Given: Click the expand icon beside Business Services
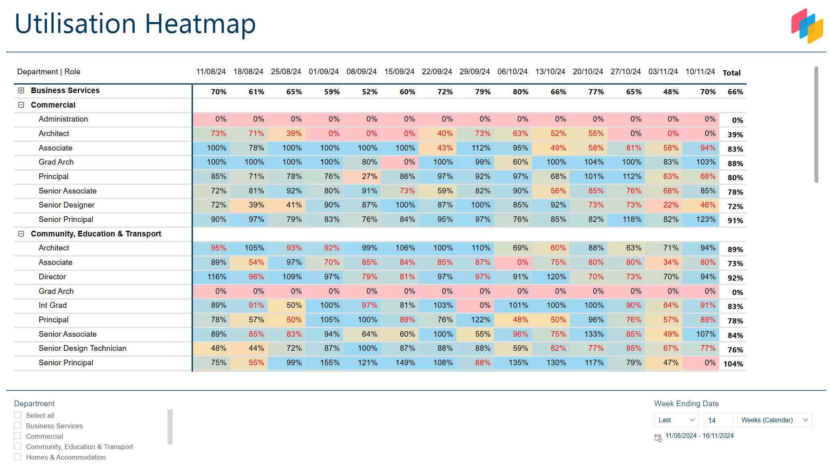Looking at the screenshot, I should pyautogui.click(x=21, y=91).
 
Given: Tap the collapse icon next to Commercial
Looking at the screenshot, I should pyautogui.click(x=21, y=105).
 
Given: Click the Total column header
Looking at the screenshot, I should pyautogui.click(x=731, y=73).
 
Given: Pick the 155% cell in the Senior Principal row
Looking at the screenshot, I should pyautogui.click(x=329, y=363).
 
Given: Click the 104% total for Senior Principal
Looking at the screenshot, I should pyautogui.click(x=733, y=364).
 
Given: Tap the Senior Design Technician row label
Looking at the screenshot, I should pyautogui.click(x=82, y=348).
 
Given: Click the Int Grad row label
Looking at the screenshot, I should pyautogui.click(x=53, y=305).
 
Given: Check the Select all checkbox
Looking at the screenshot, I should pyautogui.click(x=18, y=415).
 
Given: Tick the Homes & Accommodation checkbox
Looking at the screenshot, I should pyautogui.click(x=18, y=457).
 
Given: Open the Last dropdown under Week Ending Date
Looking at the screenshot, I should pyautogui.click(x=676, y=420).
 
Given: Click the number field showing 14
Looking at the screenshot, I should pyautogui.click(x=718, y=420).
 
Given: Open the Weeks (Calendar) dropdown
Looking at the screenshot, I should pyautogui.click(x=774, y=420).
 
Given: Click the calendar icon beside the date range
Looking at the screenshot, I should pyautogui.click(x=658, y=438).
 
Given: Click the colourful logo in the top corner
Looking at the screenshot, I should pyautogui.click(x=807, y=26).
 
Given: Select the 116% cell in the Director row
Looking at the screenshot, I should pyautogui.click(x=216, y=277).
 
